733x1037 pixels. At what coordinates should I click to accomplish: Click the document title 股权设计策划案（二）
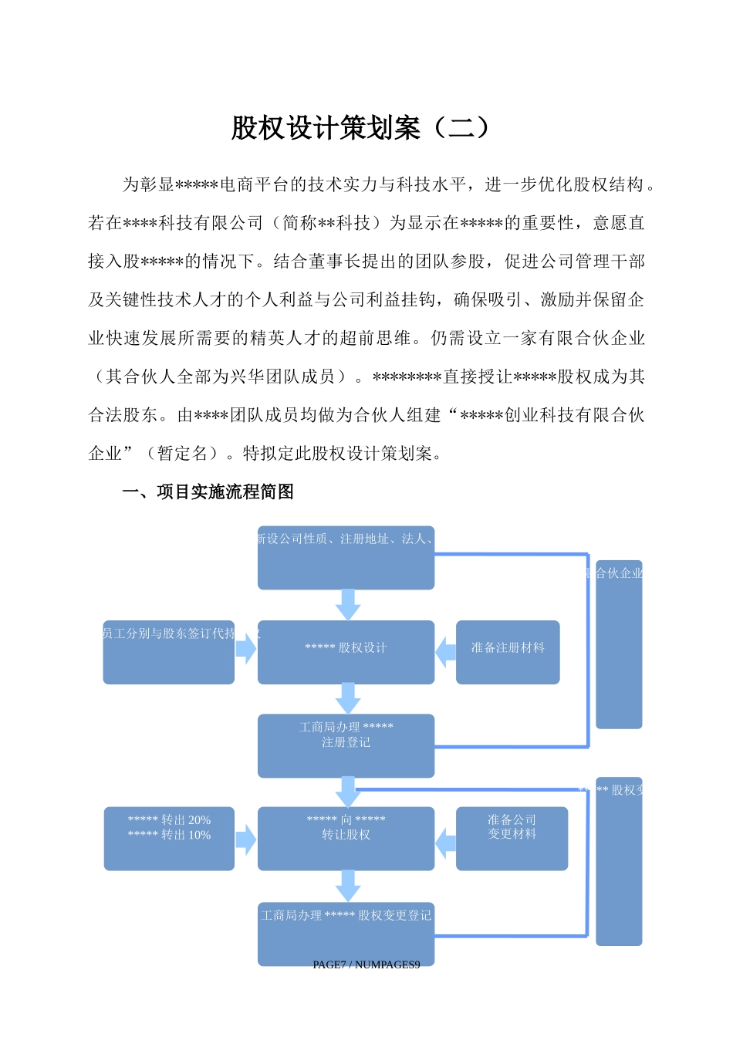[360, 128]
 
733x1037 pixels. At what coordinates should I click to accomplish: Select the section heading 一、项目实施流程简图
[208, 492]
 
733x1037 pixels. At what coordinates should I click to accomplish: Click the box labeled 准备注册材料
[508, 652]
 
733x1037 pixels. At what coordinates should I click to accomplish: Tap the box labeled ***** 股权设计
[346, 652]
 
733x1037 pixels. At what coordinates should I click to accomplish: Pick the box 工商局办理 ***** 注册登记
[346, 745]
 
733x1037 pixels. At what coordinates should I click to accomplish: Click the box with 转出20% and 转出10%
[169, 838]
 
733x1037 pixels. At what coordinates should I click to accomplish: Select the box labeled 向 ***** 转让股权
[346, 838]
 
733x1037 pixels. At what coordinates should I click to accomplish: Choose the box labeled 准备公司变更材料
[512, 838]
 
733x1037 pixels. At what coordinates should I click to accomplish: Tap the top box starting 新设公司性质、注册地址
[346, 557]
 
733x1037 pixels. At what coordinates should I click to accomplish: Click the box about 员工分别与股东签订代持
[169, 652]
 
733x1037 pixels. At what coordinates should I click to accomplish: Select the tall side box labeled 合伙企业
[619, 644]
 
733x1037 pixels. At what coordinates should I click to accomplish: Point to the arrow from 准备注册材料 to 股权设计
[446, 652]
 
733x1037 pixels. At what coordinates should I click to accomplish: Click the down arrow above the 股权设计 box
[348, 604]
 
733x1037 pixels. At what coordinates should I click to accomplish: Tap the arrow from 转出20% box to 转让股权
[245, 839]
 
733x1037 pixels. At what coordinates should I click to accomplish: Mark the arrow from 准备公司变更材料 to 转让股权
[446, 843]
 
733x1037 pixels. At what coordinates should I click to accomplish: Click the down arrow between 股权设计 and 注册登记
[348, 698]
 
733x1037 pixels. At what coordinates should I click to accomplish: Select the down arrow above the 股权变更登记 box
[348, 886]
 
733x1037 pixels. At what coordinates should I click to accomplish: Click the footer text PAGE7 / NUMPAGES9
[366, 964]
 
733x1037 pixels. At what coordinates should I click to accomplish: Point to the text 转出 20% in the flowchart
[185, 820]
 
